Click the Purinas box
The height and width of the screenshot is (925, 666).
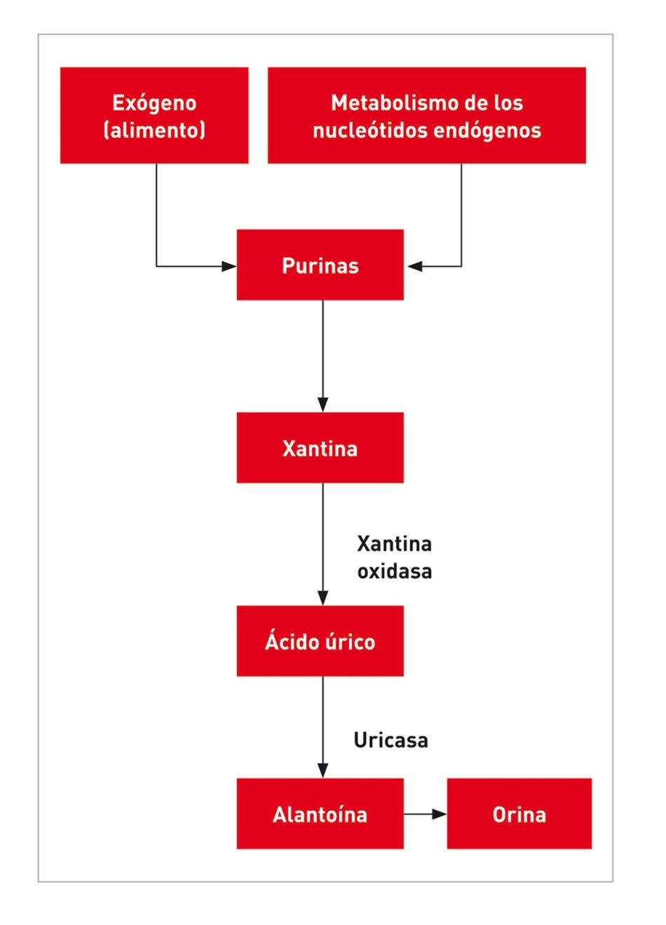tap(320, 265)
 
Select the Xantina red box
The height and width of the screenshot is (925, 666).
tap(320, 448)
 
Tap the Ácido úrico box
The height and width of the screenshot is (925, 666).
tap(320, 641)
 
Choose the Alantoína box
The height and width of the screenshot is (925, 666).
tap(320, 814)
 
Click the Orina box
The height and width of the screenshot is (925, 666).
tap(519, 814)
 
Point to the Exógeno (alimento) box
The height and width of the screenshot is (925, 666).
tap(154, 116)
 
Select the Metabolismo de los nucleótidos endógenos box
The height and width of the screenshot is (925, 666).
tap(426, 116)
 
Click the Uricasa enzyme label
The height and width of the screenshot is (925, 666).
tap(390, 740)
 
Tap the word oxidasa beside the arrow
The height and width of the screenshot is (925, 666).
tap(394, 571)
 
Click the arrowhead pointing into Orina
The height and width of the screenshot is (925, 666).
tap(440, 814)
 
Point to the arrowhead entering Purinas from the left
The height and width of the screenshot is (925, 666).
tap(229, 266)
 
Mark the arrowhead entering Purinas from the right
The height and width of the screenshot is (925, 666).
tap(414, 266)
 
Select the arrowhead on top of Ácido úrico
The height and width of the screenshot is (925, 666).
tap(322, 598)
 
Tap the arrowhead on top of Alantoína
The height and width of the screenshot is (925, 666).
tap(322, 770)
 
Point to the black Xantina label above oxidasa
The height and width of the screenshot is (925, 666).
tap(394, 544)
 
